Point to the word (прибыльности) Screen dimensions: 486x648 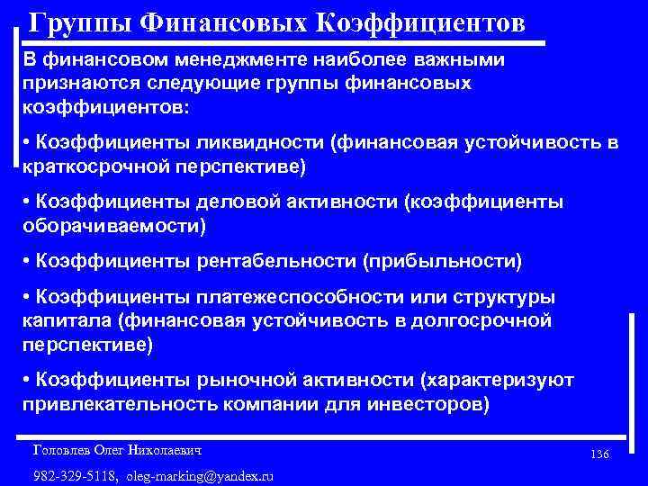pos(441,262)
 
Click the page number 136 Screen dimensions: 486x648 pos(599,454)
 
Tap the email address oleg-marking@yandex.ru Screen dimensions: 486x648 pos(200,475)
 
